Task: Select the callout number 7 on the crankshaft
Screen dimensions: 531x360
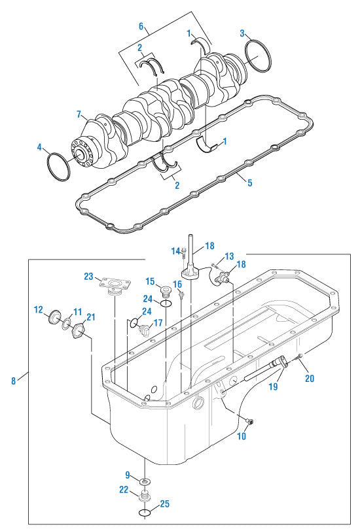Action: tap(79, 114)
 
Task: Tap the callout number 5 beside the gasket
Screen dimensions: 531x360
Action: tap(249, 184)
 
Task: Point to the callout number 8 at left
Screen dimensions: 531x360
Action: tap(13, 381)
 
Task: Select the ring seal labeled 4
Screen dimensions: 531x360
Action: tap(58, 165)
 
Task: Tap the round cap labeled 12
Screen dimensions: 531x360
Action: tap(52, 318)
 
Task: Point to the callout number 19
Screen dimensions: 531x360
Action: tap(274, 387)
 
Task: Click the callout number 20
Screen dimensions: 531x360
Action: tap(309, 378)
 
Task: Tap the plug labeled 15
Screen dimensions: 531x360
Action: tap(166, 290)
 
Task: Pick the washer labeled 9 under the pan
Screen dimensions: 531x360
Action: tap(145, 482)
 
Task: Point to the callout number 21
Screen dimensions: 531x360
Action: tap(91, 317)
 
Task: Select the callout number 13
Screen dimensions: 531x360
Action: tap(229, 256)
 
